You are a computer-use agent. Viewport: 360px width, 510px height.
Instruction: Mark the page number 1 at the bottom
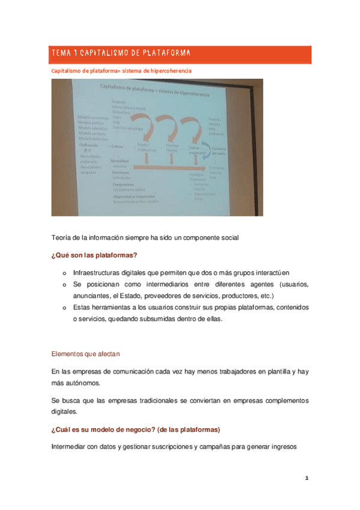(x=307, y=479)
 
